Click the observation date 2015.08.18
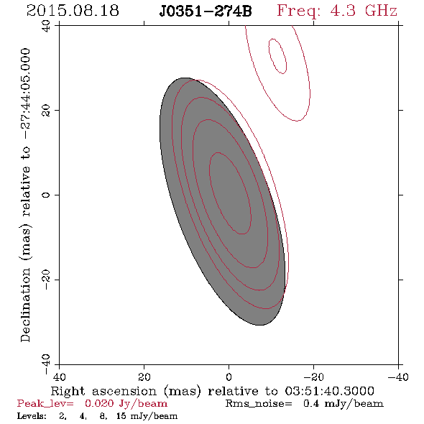pyautogui.click(x=73, y=11)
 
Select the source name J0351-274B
pyautogui.click(x=206, y=11)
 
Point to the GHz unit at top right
pyautogui.click(x=382, y=11)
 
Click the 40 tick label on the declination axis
pyautogui.click(x=46, y=26)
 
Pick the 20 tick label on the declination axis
pyautogui.click(x=46, y=111)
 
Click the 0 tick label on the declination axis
pyautogui.click(x=46, y=195)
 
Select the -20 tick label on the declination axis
pyautogui.click(x=46, y=280)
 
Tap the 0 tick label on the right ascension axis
pyautogui.click(x=229, y=377)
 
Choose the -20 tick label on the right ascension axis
pyautogui.click(x=313, y=377)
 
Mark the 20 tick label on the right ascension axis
pyautogui.click(x=144, y=377)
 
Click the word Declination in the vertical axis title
pyautogui.click(x=25, y=305)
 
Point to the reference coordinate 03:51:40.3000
pyautogui.click(x=329, y=391)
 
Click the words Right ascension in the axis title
pyautogui.click(x=103, y=391)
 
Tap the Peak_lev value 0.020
pyautogui.click(x=99, y=403)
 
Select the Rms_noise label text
pyautogui.click(x=259, y=404)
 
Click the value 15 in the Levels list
pyautogui.click(x=121, y=415)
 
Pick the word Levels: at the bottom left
pyautogui.click(x=32, y=415)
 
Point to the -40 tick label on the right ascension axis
pyautogui.click(x=398, y=377)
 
